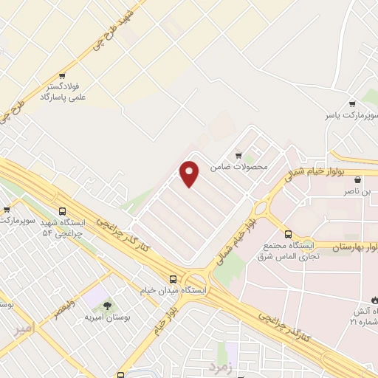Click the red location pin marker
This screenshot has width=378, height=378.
[190, 173]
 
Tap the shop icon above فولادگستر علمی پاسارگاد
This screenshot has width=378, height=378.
[63, 75]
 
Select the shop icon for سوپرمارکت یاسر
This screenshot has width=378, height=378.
[352, 103]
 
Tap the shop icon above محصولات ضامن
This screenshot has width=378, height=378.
[238, 155]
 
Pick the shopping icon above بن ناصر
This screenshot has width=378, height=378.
[358, 179]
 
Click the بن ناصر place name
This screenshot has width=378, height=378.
[357, 192]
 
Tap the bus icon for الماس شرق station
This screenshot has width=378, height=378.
[288, 235]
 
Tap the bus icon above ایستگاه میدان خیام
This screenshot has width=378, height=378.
[173, 278]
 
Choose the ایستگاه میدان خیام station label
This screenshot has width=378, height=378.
[171, 292]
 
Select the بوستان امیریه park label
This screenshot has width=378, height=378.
[108, 317]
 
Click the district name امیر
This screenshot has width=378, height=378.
[24, 330]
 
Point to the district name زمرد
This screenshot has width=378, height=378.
[219, 365]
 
